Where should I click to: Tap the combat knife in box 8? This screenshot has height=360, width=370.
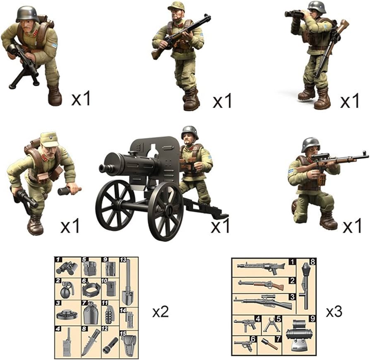(x=90, y=342)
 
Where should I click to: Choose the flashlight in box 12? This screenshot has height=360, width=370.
(x=110, y=345)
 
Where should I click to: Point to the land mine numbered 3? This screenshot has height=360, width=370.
(x=67, y=314)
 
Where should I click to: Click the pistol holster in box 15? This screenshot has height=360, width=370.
(x=128, y=343)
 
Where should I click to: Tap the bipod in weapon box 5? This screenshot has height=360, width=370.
(x=271, y=325)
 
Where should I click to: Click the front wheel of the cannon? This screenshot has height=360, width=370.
(x=166, y=211)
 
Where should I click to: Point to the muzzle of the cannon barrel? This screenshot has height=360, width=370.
(x=103, y=168)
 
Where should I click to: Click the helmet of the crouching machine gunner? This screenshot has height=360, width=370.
(x=27, y=13)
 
